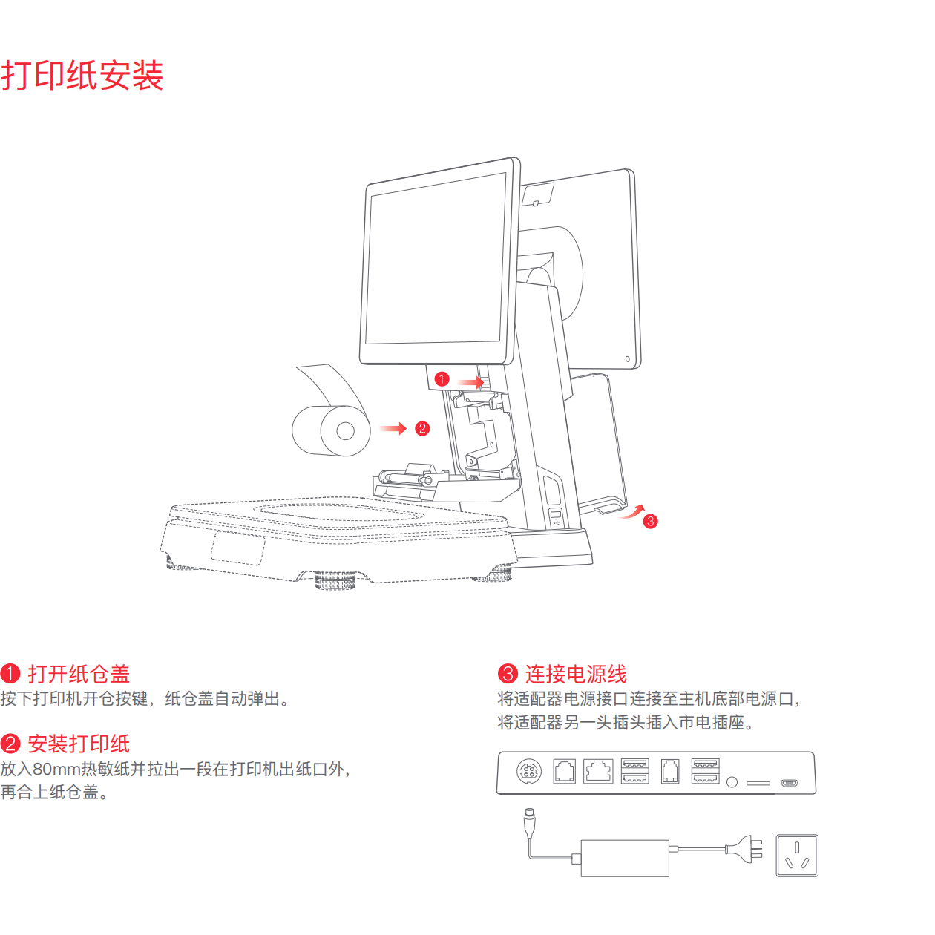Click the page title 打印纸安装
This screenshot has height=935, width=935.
[x=82, y=76]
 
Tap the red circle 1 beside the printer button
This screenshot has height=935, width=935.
[x=442, y=379]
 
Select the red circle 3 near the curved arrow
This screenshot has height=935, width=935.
[x=651, y=521]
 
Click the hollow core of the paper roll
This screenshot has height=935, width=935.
[x=345, y=431]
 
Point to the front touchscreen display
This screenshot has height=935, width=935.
[x=436, y=260]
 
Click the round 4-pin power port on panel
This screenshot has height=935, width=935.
[x=529, y=771]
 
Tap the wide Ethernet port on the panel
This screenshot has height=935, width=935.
[x=598, y=771]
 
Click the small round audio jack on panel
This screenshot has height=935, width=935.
[x=732, y=782]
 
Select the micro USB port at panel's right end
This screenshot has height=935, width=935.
[x=790, y=783]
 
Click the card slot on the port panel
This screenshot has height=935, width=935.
[x=758, y=783]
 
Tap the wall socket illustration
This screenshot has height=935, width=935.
[x=797, y=856]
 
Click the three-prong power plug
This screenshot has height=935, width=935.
[x=746, y=849]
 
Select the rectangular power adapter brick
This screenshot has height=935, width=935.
[x=625, y=858]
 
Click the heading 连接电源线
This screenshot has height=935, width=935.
[x=576, y=674]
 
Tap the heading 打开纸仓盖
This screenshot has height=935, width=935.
[x=79, y=674]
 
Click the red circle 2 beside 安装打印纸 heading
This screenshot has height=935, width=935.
[x=10, y=744]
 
